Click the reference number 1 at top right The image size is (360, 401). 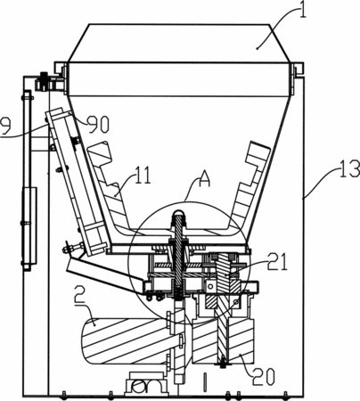coord(302,10)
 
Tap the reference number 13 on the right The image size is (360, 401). coord(348,168)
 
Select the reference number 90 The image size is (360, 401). coord(99,124)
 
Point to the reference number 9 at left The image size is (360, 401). coord(5,126)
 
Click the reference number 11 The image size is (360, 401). coord(143,176)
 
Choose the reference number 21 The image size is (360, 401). coord(277,261)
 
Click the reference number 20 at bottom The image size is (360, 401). coord(264,376)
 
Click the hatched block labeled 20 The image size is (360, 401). coord(224,341)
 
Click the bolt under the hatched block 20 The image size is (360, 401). coord(222,364)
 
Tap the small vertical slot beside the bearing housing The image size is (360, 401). coord(205,382)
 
